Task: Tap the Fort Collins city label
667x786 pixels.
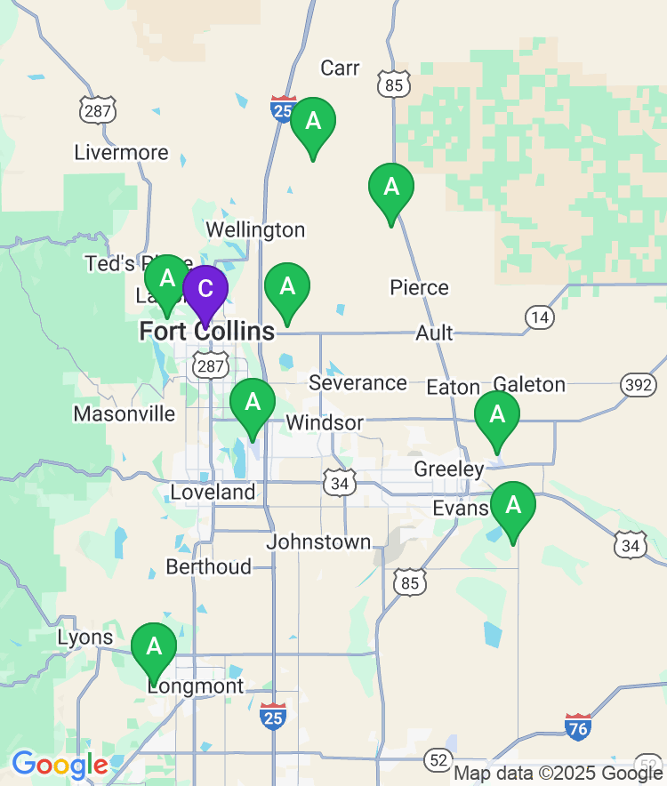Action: pyautogui.click(x=207, y=333)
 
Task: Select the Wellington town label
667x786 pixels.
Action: pyautogui.click(x=255, y=230)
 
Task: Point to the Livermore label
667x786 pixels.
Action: pyautogui.click(x=121, y=152)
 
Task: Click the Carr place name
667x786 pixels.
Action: pyautogui.click(x=340, y=68)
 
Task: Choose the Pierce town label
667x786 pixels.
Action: pyautogui.click(x=420, y=288)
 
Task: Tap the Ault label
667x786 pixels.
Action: pyautogui.click(x=434, y=333)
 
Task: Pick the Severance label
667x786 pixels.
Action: pyautogui.click(x=358, y=383)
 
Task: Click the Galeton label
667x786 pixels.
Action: pyautogui.click(x=529, y=384)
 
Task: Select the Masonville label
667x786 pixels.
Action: pyautogui.click(x=125, y=413)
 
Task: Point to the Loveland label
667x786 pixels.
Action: pyautogui.click(x=213, y=492)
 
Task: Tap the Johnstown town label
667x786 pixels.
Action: pyautogui.click(x=319, y=541)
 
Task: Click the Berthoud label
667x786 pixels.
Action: pyautogui.click(x=209, y=567)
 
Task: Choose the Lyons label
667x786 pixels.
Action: pyautogui.click(x=85, y=638)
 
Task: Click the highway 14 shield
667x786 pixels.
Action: pyautogui.click(x=539, y=316)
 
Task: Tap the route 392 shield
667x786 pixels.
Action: pyautogui.click(x=638, y=384)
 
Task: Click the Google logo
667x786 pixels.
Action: pyautogui.click(x=60, y=765)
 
